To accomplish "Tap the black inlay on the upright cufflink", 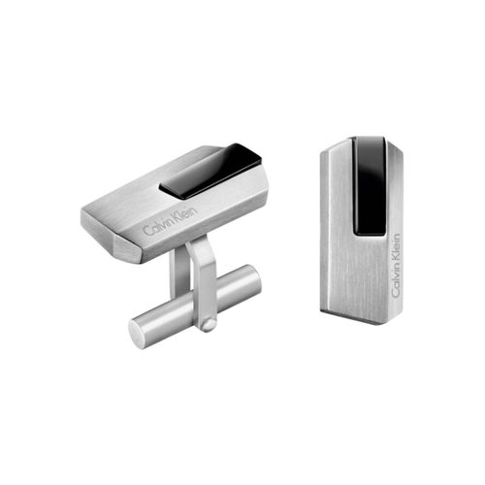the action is pos(370,186).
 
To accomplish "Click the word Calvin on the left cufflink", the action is pos(157,226).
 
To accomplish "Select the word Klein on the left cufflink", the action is pos(185,214).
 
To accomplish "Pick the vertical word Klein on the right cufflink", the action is pos(396,247).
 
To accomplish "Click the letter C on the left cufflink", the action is pos(146,231).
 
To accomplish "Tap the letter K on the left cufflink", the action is pos(177,218).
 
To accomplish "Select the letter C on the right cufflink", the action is pos(396,293).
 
